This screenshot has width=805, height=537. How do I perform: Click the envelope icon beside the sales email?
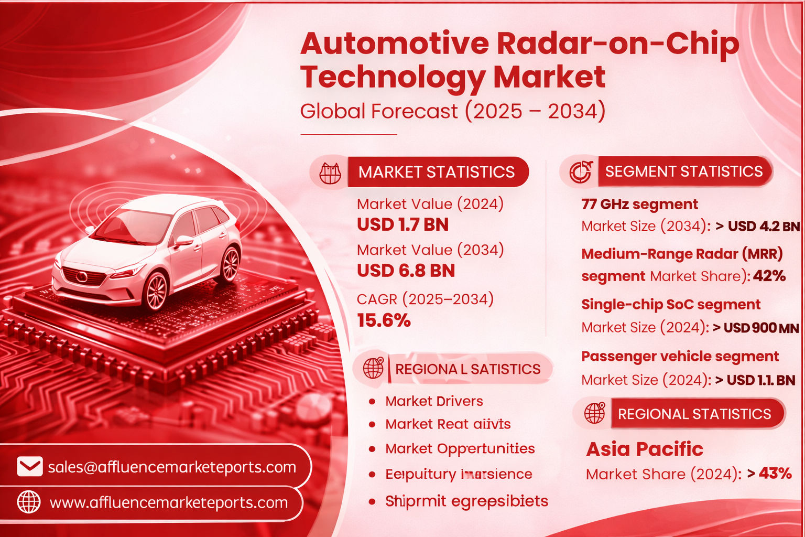point(30,466)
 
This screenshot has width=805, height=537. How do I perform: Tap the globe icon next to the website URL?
point(29,502)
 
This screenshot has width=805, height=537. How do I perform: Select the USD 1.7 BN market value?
point(402,224)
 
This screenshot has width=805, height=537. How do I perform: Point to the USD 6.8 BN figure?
point(406,271)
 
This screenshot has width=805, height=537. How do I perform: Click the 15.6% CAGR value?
point(384,320)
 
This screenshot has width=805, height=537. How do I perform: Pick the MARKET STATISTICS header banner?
point(437,172)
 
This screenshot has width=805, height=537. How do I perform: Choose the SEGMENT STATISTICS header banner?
point(683,171)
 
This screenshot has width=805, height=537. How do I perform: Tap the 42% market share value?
point(769,276)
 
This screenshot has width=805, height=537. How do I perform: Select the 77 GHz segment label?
point(639,204)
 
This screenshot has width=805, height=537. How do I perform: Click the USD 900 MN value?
point(761,328)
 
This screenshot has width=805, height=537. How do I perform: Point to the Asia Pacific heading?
point(644,449)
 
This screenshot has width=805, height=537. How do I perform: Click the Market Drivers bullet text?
point(434,401)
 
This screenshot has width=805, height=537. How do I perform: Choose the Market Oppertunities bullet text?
point(460,449)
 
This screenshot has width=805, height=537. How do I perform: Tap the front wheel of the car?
point(156,291)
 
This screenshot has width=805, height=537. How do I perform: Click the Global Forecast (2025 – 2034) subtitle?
point(452,111)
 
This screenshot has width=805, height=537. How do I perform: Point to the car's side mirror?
point(183,241)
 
